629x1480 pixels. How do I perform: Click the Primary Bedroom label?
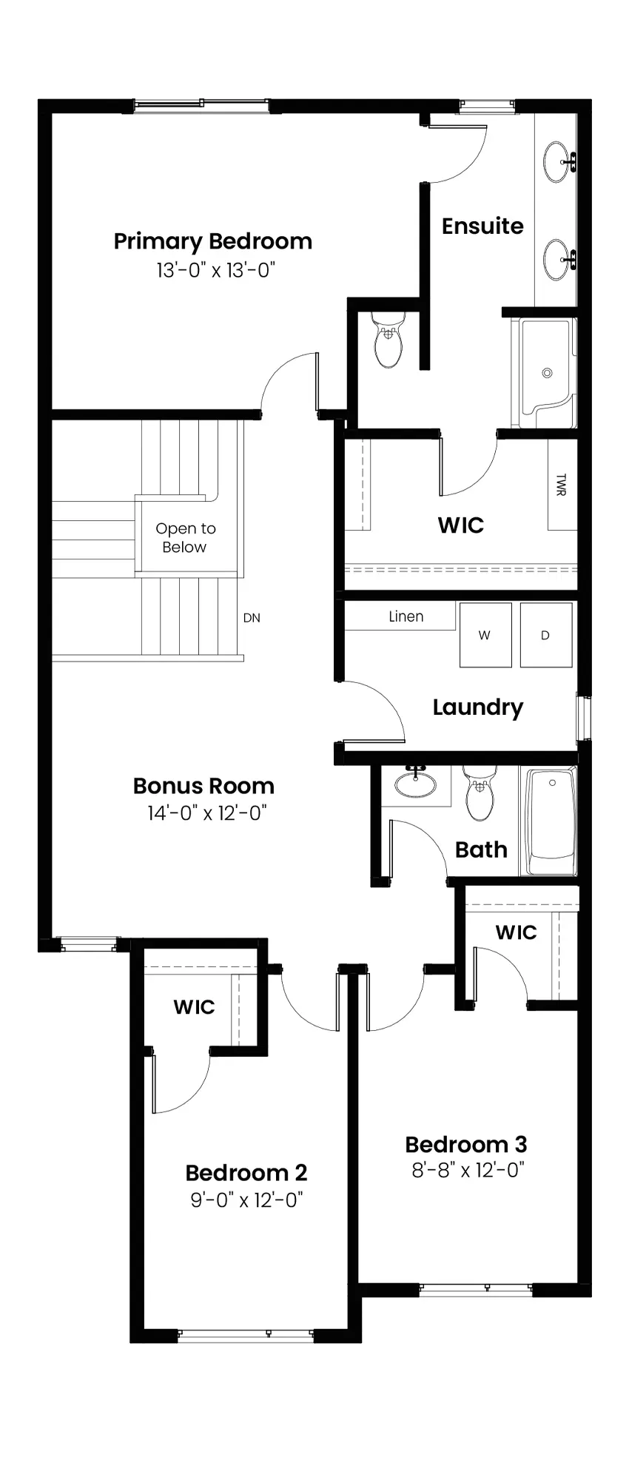pos(212,242)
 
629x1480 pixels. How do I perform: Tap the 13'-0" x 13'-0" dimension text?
pos(215,271)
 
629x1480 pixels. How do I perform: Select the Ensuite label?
pos(482,226)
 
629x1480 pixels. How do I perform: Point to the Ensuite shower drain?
pos(548,373)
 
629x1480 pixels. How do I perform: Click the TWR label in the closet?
pos(560,485)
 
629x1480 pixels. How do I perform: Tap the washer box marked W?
pos(485,635)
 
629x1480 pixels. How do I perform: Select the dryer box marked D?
pos(546,635)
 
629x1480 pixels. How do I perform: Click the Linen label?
pos(406,616)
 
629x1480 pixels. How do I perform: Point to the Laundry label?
pos(478,707)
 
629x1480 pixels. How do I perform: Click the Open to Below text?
pos(185,538)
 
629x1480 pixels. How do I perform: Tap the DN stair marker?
pos(252,618)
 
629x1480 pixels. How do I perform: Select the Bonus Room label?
pos(203,786)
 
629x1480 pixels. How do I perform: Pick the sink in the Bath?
pos(415,783)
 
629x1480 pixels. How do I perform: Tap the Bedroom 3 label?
pos(466,1145)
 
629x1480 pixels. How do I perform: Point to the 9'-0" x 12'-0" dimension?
pos(246,1200)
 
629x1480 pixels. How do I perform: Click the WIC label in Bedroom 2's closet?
pos(194,1007)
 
